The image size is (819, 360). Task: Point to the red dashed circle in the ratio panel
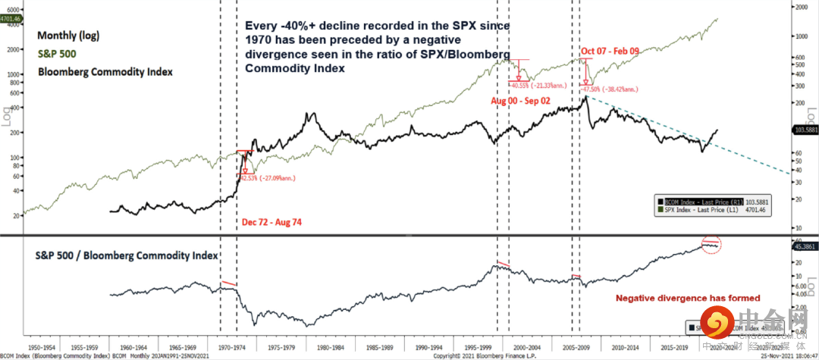[x=711, y=245]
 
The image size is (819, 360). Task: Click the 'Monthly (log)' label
[x=68, y=36]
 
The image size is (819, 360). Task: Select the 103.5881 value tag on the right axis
[x=805, y=131]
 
